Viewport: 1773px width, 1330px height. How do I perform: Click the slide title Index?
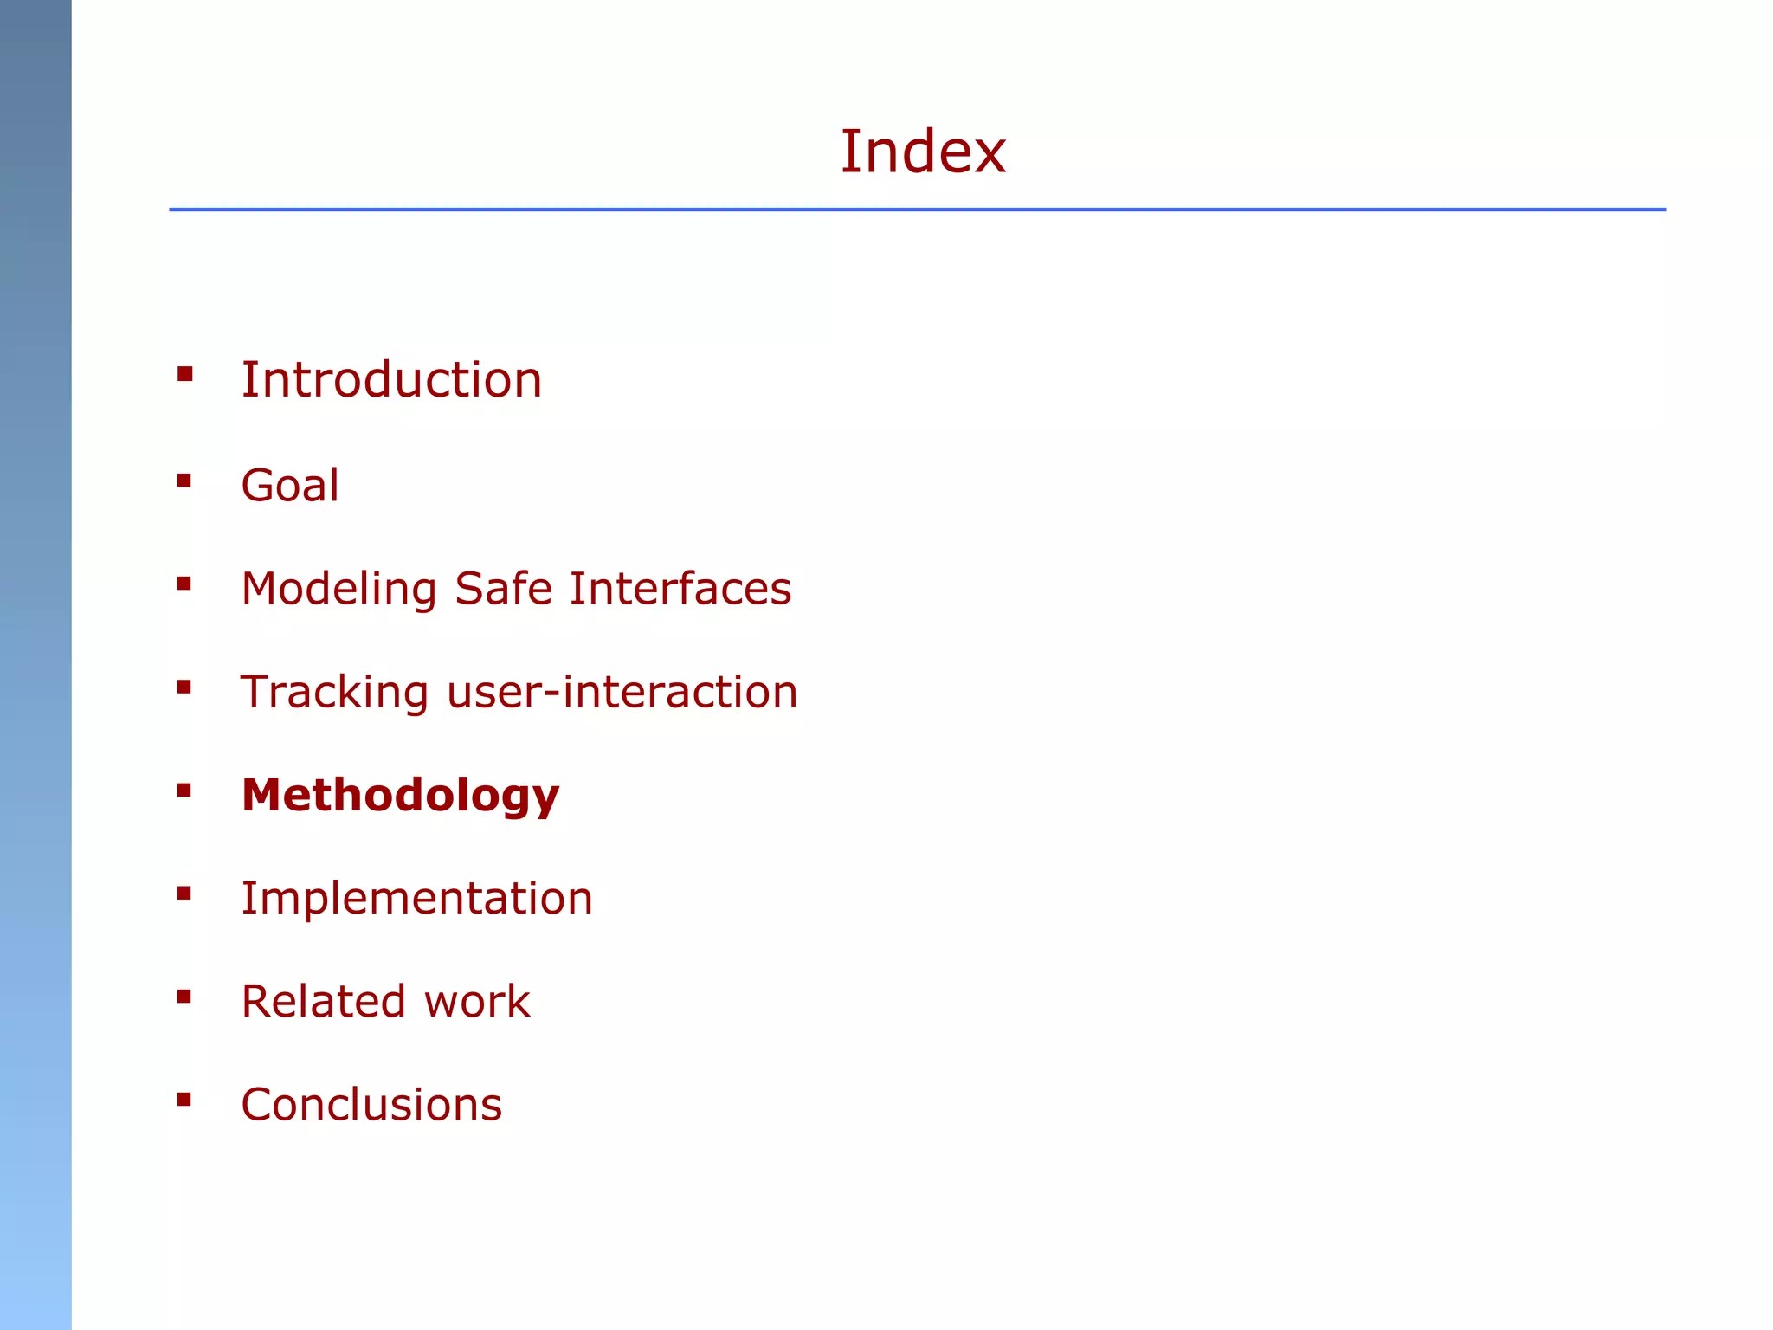click(923, 152)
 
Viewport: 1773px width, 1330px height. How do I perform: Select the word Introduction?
click(391, 380)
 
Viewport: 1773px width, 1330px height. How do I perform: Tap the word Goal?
click(290, 485)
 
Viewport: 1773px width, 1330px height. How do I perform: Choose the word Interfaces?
click(680, 589)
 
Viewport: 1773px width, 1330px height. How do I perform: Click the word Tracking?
click(334, 693)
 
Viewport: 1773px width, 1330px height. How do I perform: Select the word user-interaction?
click(622, 693)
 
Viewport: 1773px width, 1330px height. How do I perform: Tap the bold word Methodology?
click(400, 795)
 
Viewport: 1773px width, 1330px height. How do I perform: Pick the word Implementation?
click(416, 898)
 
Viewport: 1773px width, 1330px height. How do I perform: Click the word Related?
click(323, 1002)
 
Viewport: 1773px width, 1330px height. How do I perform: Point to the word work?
click(477, 1002)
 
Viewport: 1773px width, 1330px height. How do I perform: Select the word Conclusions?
click(371, 1105)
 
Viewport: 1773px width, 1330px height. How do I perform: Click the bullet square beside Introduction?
click(184, 374)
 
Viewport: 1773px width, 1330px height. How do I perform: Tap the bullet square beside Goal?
click(184, 481)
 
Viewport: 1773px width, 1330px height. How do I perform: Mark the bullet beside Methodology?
click(184, 790)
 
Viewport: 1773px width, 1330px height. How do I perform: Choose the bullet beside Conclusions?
click(184, 1100)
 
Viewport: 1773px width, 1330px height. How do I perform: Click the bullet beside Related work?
click(184, 997)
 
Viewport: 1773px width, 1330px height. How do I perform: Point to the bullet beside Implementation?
click(184, 894)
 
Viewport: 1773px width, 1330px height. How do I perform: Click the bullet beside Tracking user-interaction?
click(184, 688)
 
